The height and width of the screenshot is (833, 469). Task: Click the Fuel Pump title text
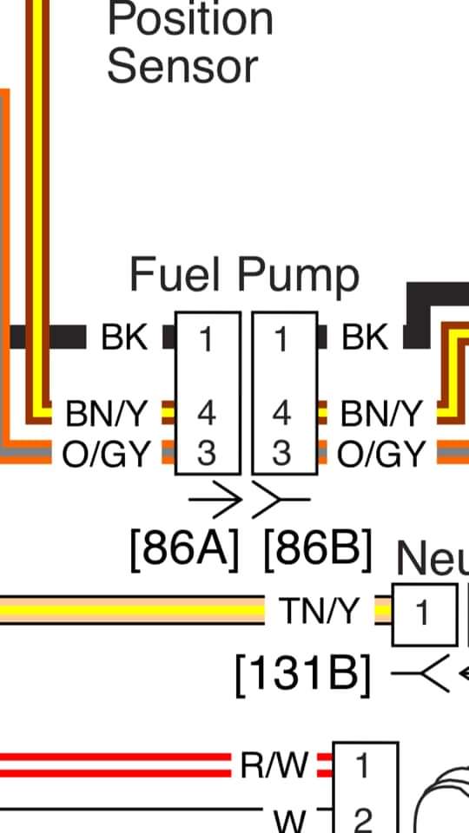point(244,275)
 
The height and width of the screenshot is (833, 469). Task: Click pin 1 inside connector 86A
point(207,339)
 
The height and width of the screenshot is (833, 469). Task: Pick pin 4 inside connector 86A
point(207,413)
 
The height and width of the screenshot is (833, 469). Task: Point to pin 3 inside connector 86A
point(207,453)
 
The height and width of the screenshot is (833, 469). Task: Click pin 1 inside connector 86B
point(281,339)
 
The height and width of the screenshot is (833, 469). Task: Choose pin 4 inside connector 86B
point(281,413)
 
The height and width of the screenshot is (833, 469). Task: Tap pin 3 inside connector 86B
point(281,453)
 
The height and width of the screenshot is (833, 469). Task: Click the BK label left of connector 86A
point(124,338)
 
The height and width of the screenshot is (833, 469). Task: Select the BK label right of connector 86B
point(366,338)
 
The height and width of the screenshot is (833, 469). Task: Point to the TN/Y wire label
point(320,611)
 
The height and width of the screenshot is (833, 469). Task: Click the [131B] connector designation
point(302,675)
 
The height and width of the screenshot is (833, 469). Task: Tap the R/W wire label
point(274,765)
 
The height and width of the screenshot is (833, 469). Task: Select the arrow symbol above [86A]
point(215,500)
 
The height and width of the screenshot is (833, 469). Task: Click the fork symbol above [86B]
point(281,500)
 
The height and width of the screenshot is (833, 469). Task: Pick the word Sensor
point(182,67)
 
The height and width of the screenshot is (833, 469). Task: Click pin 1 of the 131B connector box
point(423,613)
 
